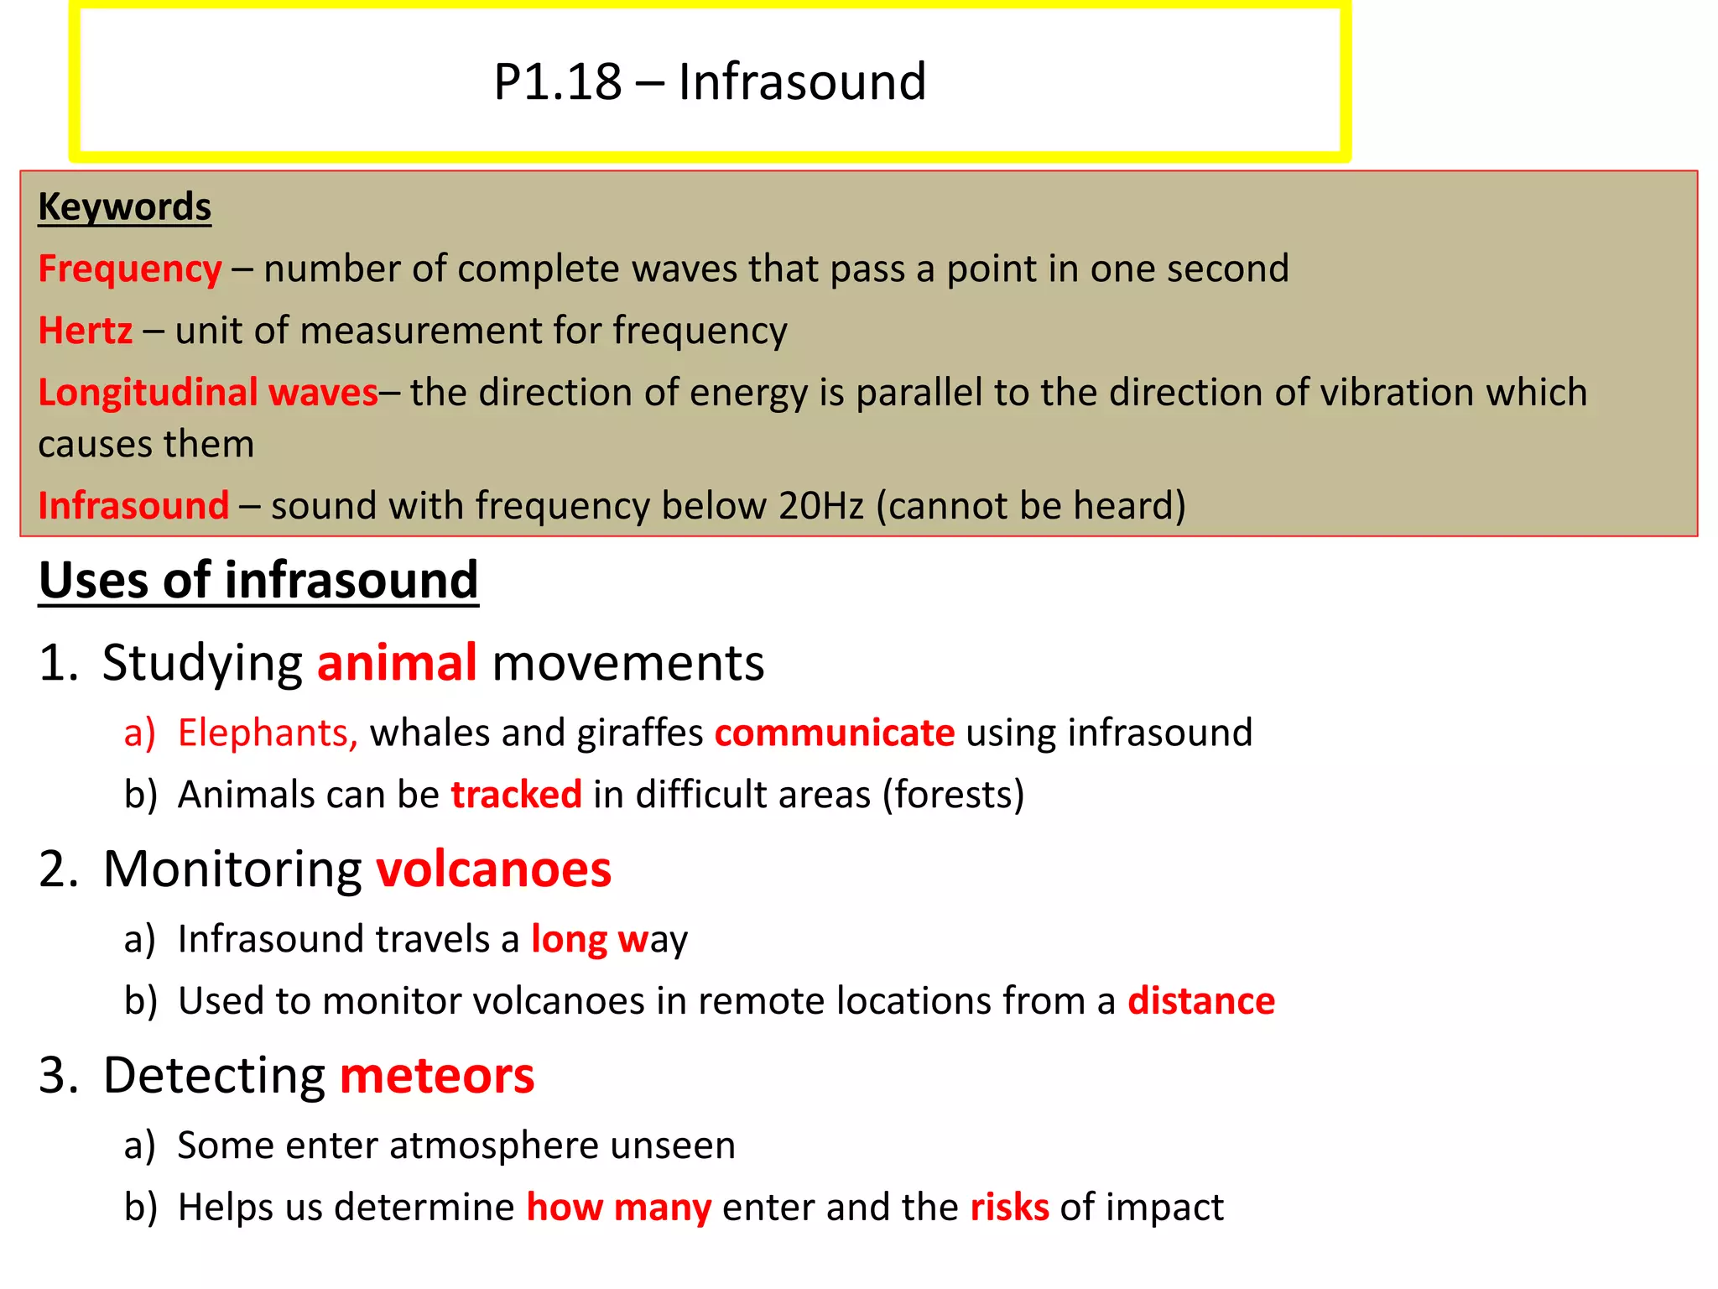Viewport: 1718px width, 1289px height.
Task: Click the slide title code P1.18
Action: (557, 82)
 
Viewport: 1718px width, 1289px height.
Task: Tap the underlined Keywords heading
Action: (124, 206)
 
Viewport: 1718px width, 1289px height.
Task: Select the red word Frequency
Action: (130, 269)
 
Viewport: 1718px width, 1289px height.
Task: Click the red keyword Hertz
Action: (85, 331)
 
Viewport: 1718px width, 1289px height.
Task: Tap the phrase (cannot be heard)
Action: (1031, 506)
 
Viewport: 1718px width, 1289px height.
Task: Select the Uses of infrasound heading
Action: (258, 580)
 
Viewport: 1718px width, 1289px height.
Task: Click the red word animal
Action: (397, 663)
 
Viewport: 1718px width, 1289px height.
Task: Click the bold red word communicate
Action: (834, 733)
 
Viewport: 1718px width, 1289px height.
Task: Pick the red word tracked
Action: (516, 795)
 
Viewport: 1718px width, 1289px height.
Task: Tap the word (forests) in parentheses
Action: (953, 795)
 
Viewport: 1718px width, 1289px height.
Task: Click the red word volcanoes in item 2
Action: (493, 869)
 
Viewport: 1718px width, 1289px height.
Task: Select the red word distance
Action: (1200, 1001)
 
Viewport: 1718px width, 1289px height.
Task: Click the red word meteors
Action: (437, 1076)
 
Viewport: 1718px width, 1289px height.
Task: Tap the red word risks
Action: (1009, 1208)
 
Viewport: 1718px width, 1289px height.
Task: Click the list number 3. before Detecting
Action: (59, 1076)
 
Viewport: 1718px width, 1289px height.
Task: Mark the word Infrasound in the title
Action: (802, 82)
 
